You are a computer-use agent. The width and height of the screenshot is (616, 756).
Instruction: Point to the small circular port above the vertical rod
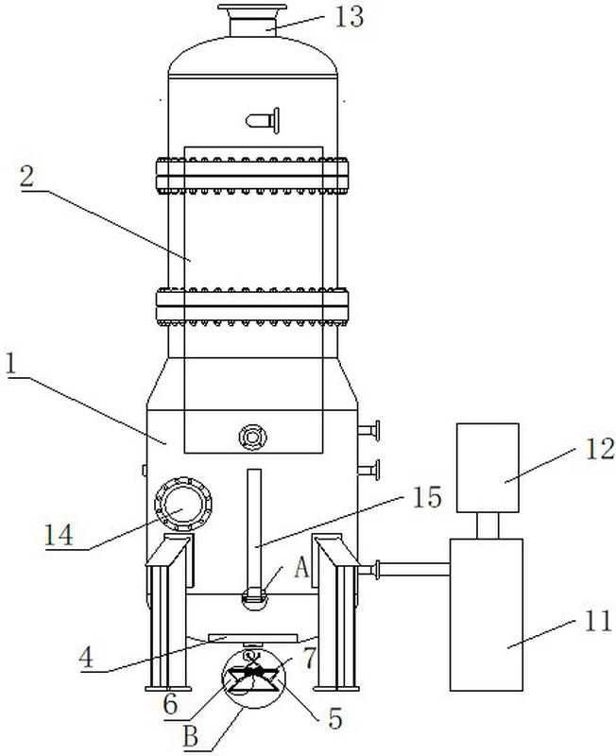[x=252, y=436]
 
